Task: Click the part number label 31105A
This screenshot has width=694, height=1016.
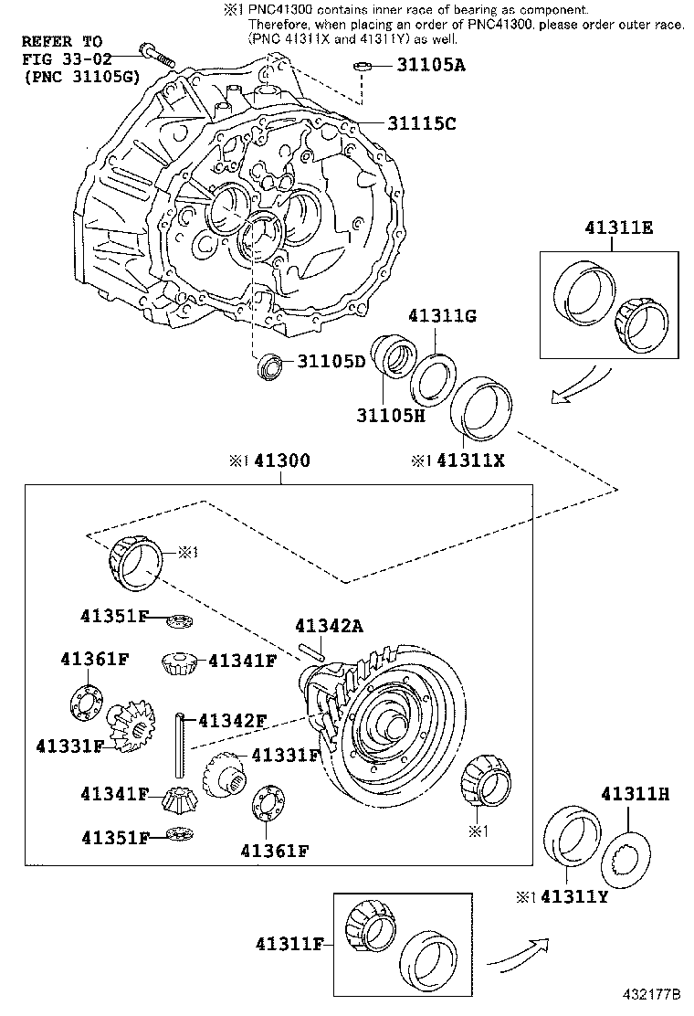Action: (x=430, y=65)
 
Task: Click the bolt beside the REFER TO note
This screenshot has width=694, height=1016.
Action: (x=154, y=52)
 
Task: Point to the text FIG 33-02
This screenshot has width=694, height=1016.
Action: (x=62, y=59)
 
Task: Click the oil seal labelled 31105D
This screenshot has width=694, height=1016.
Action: (x=269, y=364)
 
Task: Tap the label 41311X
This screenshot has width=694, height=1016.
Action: (x=470, y=460)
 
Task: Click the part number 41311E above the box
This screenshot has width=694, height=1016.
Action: (x=619, y=229)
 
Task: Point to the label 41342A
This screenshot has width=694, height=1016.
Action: (x=329, y=626)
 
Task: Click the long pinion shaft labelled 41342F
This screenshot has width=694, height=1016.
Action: (x=182, y=741)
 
